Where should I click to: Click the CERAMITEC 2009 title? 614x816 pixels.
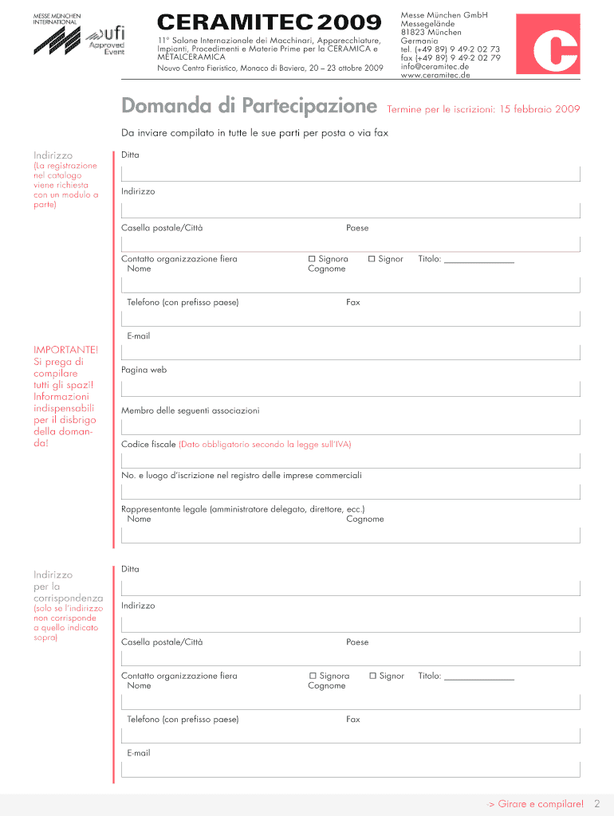pos(270,22)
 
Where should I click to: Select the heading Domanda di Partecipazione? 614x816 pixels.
pos(249,106)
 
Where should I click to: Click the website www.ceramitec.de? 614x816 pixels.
pos(435,75)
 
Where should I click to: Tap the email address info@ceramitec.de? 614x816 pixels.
pos(435,66)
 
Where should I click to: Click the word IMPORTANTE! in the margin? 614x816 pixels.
pos(66,350)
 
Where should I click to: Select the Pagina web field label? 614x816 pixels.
pos(144,370)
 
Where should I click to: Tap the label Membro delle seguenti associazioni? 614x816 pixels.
pos(190,410)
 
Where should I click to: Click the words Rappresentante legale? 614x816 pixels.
pos(163,509)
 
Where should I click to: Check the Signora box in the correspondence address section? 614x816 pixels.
pos(313,676)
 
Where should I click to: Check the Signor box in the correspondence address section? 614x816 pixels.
pos(372,676)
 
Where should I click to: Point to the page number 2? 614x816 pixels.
pos(596,804)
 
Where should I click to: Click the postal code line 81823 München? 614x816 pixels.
pos(431,32)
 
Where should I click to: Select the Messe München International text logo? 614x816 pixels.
pos(55,19)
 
